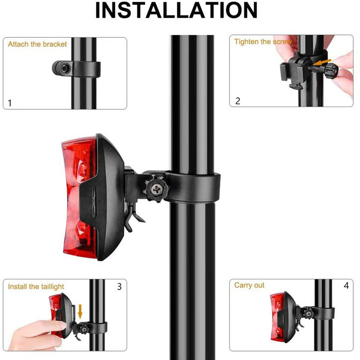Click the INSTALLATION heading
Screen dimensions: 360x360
point(176,10)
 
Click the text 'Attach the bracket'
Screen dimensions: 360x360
point(37,44)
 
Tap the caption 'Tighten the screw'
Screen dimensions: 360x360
point(263,41)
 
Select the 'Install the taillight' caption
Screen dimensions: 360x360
point(36,287)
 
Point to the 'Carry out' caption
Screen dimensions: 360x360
point(249,285)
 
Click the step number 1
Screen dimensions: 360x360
point(9,103)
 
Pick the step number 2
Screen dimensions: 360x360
point(238,101)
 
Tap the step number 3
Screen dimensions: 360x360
point(119,287)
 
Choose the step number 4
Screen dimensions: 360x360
point(346,285)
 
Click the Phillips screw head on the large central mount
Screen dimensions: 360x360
point(157,189)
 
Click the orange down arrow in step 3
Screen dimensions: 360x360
point(80,311)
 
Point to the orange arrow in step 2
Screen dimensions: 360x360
point(323,62)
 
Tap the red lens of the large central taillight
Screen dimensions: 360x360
point(79,198)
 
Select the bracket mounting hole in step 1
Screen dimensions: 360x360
point(65,68)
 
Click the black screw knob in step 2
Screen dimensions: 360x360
point(331,71)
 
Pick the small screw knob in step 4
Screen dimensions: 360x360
point(308,314)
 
